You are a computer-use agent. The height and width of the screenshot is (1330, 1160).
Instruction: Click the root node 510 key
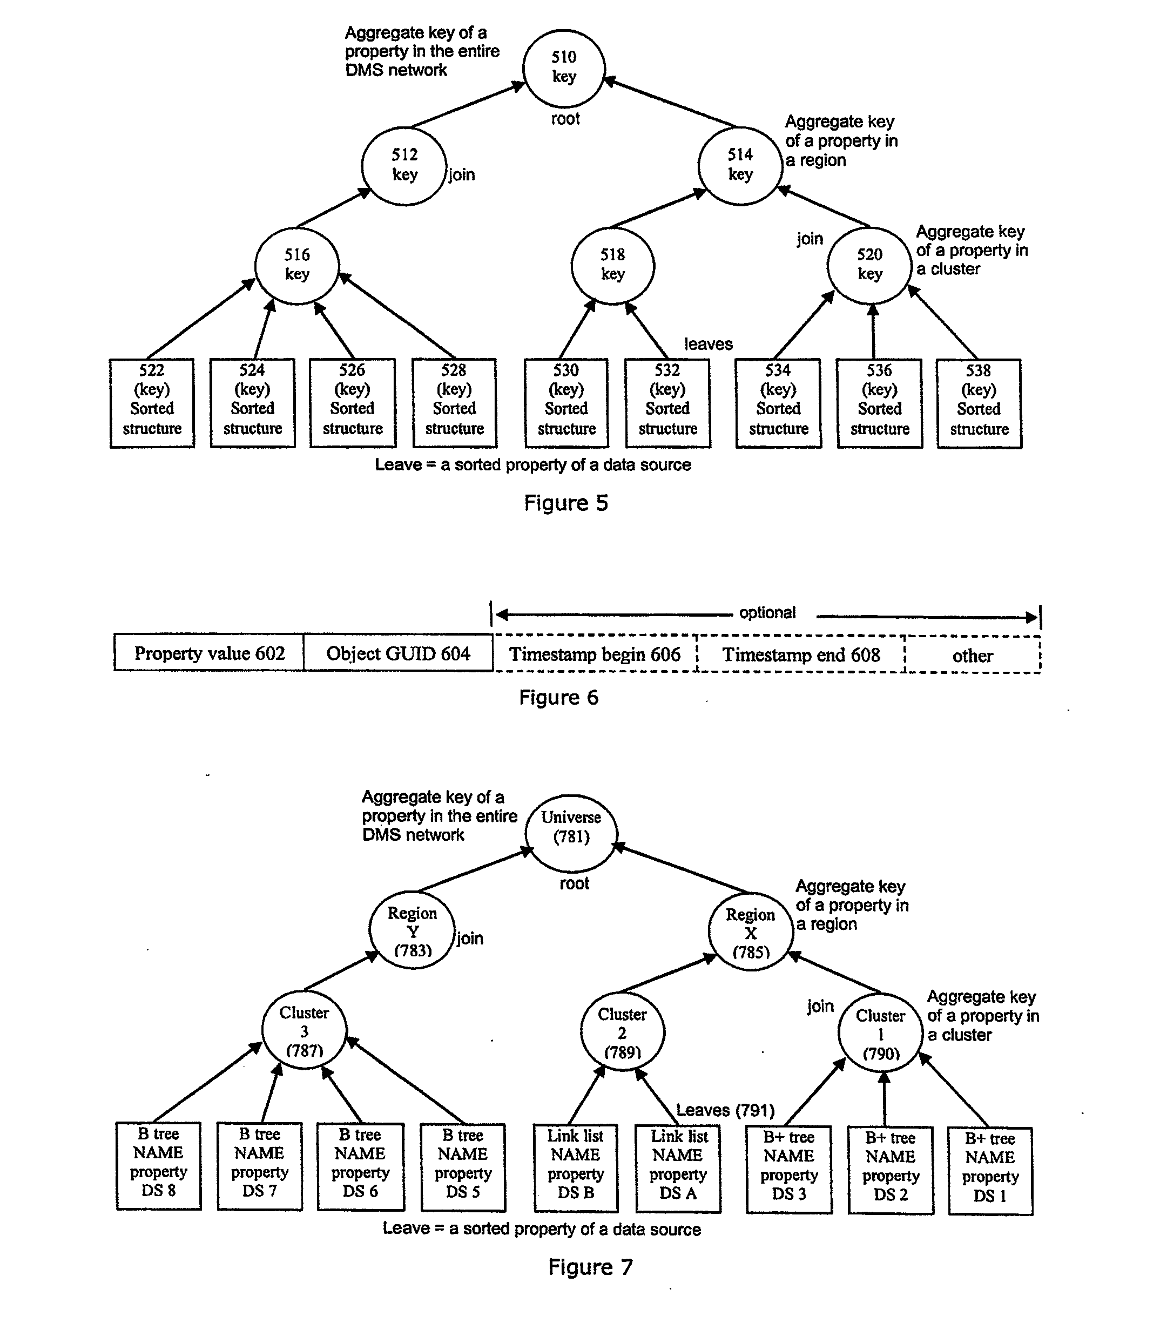564,68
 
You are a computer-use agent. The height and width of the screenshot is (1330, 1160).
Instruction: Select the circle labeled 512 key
404,166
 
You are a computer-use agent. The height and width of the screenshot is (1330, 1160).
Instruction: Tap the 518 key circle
612,265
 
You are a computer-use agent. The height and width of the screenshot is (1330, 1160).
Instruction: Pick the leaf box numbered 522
152,402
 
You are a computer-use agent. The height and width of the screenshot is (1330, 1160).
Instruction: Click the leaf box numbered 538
979,403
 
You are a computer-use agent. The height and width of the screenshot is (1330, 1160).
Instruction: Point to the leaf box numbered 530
566,402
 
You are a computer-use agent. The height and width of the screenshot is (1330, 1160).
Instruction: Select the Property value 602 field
209,652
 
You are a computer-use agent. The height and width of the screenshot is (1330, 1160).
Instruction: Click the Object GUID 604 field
398,652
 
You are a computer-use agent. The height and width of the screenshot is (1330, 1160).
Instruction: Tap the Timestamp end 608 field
801,654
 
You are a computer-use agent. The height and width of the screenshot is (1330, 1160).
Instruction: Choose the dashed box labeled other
972,655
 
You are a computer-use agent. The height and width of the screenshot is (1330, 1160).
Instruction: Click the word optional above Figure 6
767,612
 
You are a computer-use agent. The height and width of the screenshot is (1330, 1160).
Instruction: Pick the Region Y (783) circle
412,930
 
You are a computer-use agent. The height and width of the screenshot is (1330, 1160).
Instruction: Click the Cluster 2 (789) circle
622,1032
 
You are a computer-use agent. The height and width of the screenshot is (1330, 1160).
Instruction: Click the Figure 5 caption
566,503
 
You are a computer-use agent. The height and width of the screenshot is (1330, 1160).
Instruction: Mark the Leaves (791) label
725,1110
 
